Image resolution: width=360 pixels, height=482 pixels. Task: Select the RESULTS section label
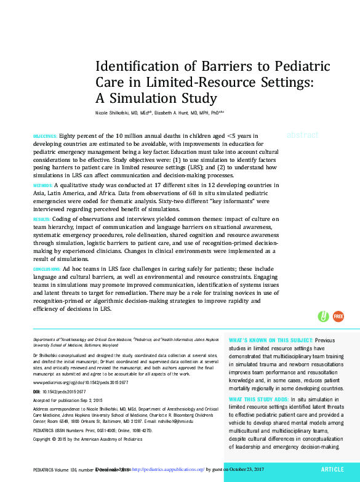coord(41,219)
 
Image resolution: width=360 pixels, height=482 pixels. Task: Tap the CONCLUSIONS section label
coord(46,270)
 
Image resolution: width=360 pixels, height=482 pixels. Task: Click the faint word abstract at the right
coord(302,135)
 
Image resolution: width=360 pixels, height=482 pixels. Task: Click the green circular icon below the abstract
coord(323,316)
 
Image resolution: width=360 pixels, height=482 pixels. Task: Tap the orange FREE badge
coord(338,316)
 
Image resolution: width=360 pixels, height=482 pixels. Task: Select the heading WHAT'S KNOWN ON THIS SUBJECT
coord(270,340)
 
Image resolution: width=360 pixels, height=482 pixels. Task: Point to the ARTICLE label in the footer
coord(332,470)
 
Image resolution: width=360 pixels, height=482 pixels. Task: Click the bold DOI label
coord(36,392)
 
